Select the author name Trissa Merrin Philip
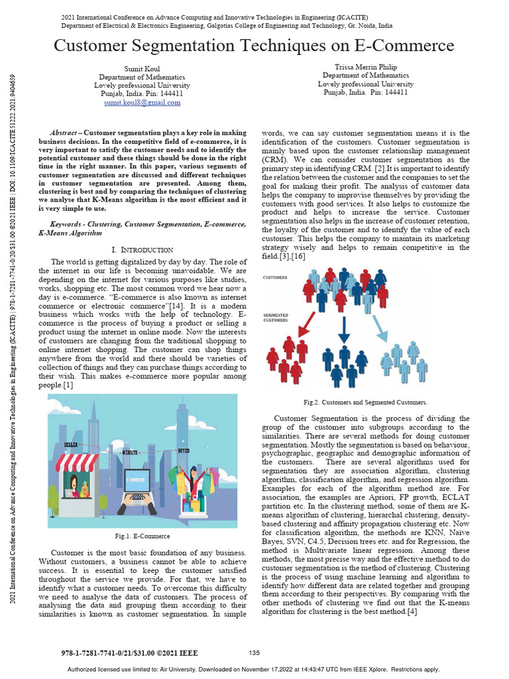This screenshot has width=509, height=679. point(365,67)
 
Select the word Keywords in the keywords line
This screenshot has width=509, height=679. point(68,225)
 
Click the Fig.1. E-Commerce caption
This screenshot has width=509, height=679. point(142,536)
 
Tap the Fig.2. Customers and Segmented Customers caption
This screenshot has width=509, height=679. point(365,402)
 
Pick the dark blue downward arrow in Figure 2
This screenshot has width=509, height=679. point(343,329)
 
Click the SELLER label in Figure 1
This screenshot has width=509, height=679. point(73,444)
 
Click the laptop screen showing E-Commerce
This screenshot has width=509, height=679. point(139,479)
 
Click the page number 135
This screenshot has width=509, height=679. point(254,652)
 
